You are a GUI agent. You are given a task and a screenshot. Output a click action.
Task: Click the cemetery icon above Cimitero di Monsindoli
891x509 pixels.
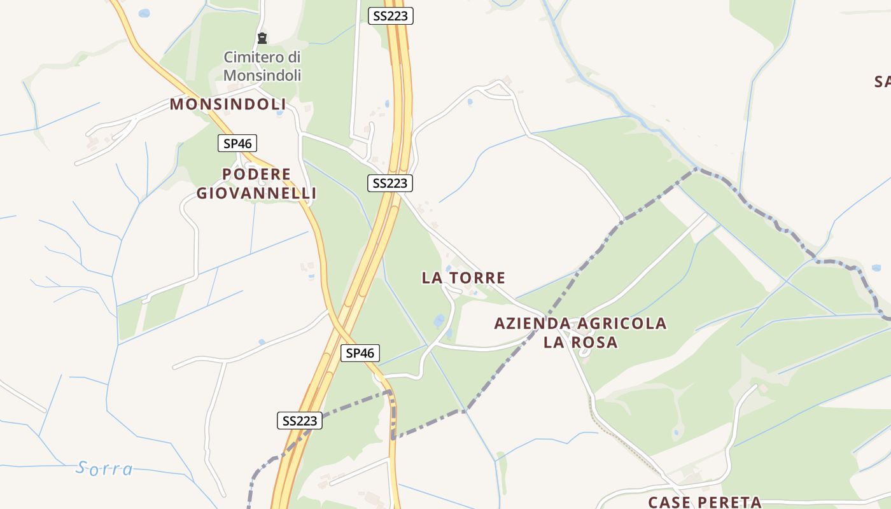coord(262,38)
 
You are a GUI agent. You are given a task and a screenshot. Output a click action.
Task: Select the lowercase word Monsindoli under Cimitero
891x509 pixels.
coord(262,75)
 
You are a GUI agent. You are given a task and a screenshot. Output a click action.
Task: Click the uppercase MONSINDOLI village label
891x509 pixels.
coord(227,104)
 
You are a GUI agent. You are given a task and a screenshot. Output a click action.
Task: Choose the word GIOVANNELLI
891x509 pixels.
coord(256,193)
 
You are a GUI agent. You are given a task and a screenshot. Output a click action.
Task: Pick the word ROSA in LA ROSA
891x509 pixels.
coord(594,342)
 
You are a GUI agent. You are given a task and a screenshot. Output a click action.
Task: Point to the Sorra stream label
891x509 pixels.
coord(105,469)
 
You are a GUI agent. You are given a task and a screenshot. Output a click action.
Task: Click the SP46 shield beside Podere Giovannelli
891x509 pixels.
coord(237,144)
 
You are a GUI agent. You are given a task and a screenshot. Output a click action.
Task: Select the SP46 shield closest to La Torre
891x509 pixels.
coord(360,353)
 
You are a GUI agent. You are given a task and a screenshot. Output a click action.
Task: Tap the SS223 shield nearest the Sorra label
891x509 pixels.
coord(300,421)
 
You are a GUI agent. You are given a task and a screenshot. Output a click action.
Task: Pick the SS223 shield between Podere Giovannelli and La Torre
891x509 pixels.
coord(390,183)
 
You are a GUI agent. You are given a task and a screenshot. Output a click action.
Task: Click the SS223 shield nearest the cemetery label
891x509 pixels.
coord(391,16)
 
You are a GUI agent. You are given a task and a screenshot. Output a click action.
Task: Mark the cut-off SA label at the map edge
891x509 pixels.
coord(882,81)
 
